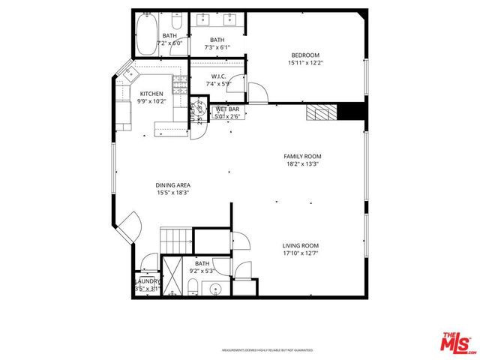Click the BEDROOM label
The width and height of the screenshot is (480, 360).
[x=305, y=55]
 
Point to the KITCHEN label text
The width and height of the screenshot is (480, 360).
[x=151, y=94]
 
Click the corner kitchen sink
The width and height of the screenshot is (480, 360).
[x=127, y=73]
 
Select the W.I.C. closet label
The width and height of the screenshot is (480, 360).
[x=218, y=76]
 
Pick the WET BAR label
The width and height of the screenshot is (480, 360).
[x=226, y=109]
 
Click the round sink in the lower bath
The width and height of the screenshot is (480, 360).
[x=217, y=289]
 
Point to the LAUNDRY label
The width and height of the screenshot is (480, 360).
[x=147, y=281]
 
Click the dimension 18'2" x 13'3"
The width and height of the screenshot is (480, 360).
[x=297, y=164]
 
